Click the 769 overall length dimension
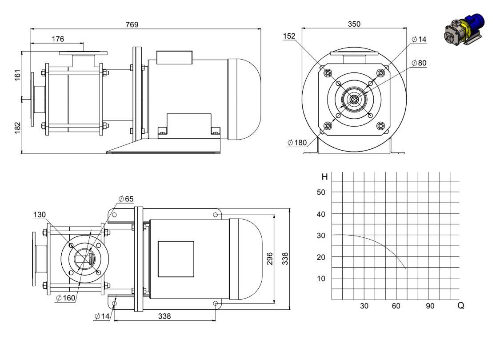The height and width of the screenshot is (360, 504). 132,24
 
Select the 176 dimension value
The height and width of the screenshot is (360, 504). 58,39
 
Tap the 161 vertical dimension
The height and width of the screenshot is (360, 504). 18,75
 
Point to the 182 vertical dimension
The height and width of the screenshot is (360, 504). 18,127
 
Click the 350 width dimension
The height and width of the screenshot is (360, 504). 354,24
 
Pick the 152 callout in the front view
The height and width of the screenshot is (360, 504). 289,36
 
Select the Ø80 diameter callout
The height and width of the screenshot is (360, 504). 419,63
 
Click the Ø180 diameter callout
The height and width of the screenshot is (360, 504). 297,142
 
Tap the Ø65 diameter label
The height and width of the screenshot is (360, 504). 126,199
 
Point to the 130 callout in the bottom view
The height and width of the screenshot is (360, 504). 40,214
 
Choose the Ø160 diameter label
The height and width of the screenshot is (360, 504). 66,298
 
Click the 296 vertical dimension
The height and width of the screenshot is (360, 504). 270,258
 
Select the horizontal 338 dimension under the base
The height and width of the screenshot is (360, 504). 164,316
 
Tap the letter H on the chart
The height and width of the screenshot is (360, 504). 324,177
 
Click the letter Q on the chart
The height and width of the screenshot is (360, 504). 460,306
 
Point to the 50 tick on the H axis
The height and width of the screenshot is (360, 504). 321,192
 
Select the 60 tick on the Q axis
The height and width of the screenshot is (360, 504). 396,306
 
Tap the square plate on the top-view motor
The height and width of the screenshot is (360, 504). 176,259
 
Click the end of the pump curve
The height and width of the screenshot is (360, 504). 406,269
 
